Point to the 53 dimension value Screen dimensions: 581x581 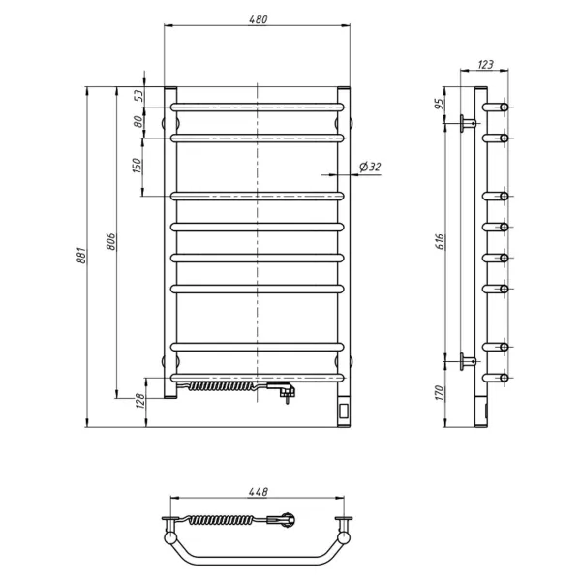point(138,95)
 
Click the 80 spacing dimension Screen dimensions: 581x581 point(138,122)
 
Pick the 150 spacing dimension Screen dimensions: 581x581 point(138,167)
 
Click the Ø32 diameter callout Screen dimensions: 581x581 point(370,168)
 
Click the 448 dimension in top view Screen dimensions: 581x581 point(258,492)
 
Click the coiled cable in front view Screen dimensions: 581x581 point(223,386)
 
